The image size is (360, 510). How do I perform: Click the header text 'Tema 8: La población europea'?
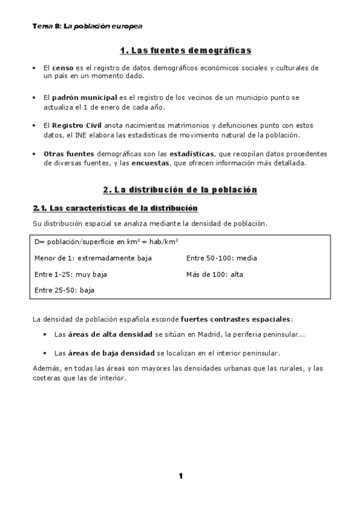click(87, 26)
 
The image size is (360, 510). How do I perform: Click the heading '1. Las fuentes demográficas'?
click(180, 50)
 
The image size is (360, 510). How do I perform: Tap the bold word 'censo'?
click(63, 68)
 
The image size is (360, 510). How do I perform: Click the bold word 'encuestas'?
click(150, 162)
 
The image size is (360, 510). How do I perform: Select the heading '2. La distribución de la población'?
click(180, 190)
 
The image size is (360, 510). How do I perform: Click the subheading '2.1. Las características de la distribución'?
click(115, 209)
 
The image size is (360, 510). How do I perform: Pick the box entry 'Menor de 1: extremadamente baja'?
click(93, 258)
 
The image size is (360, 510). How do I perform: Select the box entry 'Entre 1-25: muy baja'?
click(71, 274)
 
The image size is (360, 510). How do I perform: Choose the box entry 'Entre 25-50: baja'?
click(65, 290)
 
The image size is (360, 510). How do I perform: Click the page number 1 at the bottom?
click(180, 476)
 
